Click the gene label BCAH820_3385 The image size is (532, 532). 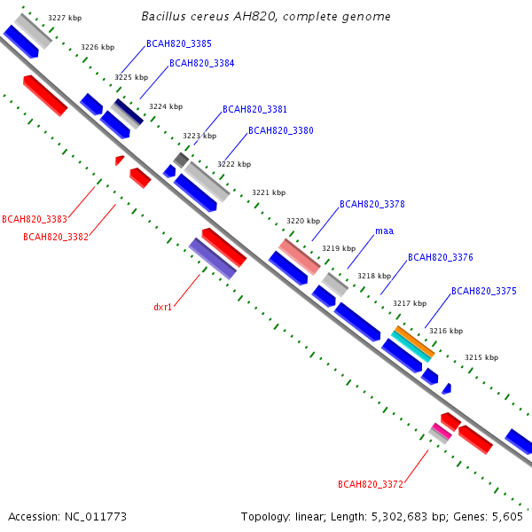click(x=179, y=43)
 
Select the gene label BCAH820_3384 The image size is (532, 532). click(x=202, y=63)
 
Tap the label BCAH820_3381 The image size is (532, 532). click(x=254, y=109)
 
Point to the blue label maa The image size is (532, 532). click(x=385, y=231)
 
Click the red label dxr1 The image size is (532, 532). click(x=162, y=307)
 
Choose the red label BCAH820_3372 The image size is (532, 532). click(x=371, y=484)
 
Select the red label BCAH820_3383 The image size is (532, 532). click(x=35, y=219)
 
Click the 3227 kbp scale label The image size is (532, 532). click(x=65, y=18)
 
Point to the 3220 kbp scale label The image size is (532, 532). click(x=303, y=221)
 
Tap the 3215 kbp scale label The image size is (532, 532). click(x=481, y=357)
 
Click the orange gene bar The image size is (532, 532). click(x=415, y=341)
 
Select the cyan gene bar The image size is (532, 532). click(x=411, y=347)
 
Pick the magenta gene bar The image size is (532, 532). click(x=442, y=431)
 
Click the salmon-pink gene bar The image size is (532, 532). click(x=300, y=256)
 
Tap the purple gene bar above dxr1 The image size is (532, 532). click(x=213, y=259)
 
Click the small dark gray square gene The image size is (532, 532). click(x=181, y=160)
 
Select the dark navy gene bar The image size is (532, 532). click(x=129, y=112)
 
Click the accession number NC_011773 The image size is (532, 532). click(x=96, y=517)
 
